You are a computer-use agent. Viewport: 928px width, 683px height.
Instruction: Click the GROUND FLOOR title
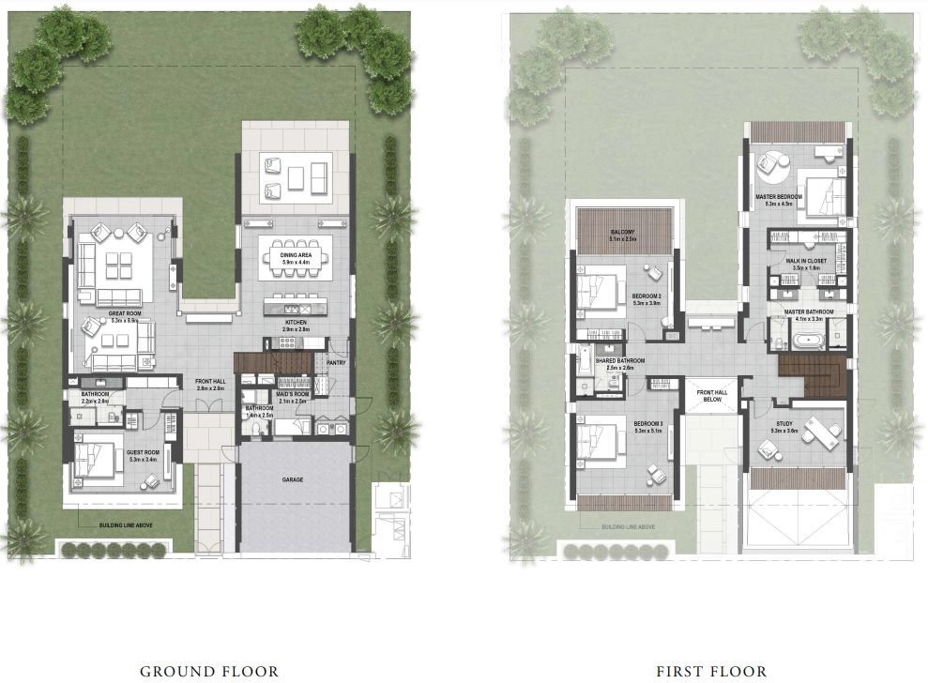209,671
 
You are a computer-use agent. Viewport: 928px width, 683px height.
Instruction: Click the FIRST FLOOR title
712,671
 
